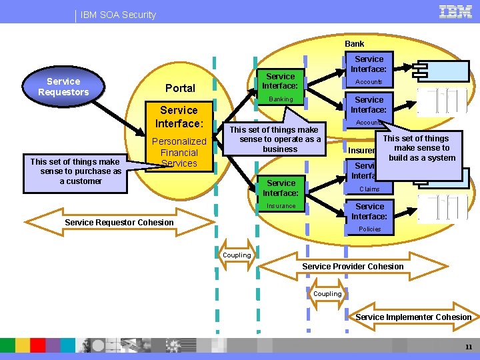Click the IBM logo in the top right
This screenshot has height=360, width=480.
click(455, 11)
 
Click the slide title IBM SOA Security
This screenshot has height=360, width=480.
click(118, 15)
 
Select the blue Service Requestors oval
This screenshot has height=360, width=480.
click(63, 87)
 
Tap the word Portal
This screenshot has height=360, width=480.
click(180, 88)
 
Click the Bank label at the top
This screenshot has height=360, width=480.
click(355, 44)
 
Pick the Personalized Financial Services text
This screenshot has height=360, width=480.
click(179, 152)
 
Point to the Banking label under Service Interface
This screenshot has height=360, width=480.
click(281, 99)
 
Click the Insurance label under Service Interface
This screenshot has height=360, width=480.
click(281, 206)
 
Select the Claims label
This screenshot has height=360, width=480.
click(369, 189)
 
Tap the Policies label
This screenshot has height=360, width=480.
click(369, 229)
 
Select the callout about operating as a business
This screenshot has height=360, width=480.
click(280, 139)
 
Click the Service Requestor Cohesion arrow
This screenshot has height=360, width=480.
click(119, 222)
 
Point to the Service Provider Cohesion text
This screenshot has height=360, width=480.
click(353, 267)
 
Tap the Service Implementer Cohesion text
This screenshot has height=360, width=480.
click(413, 317)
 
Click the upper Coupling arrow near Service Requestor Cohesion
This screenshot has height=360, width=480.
click(237, 255)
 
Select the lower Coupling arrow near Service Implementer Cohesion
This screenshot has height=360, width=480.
click(327, 294)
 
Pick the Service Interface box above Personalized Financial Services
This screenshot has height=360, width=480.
click(179, 117)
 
